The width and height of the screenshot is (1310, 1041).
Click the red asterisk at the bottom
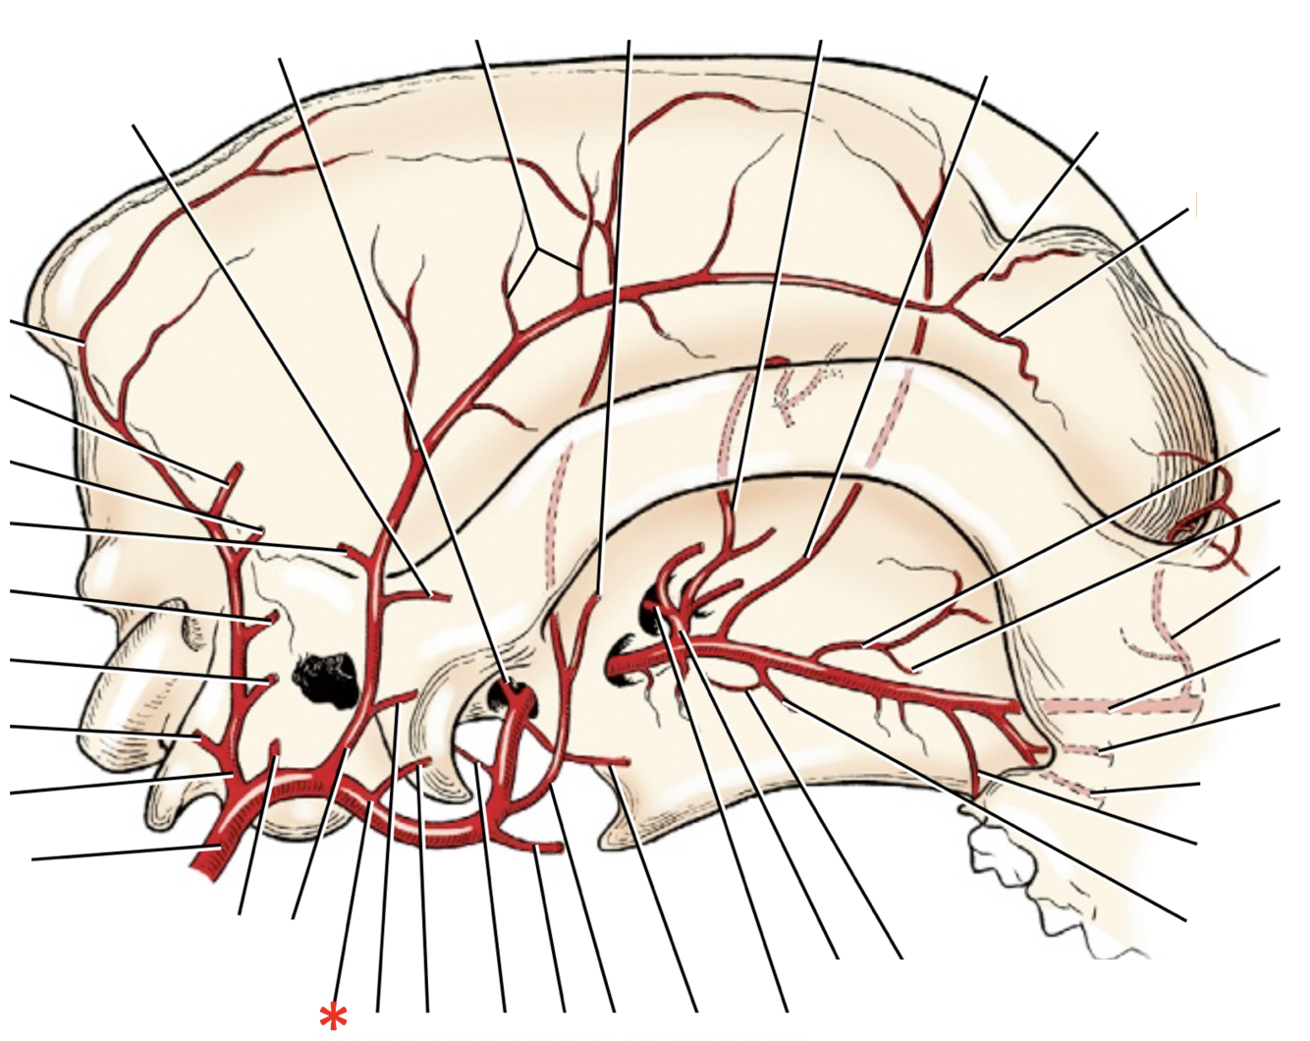pyautogui.click(x=334, y=1016)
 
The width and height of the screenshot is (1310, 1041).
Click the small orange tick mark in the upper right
pyautogui.click(x=1196, y=205)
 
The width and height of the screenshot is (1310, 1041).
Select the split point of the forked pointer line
pyautogui.click(x=536, y=250)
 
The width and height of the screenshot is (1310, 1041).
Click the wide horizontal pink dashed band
pyautogui.click(x=1119, y=705)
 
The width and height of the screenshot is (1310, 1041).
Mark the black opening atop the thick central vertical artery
pyautogui.click(x=511, y=693)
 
